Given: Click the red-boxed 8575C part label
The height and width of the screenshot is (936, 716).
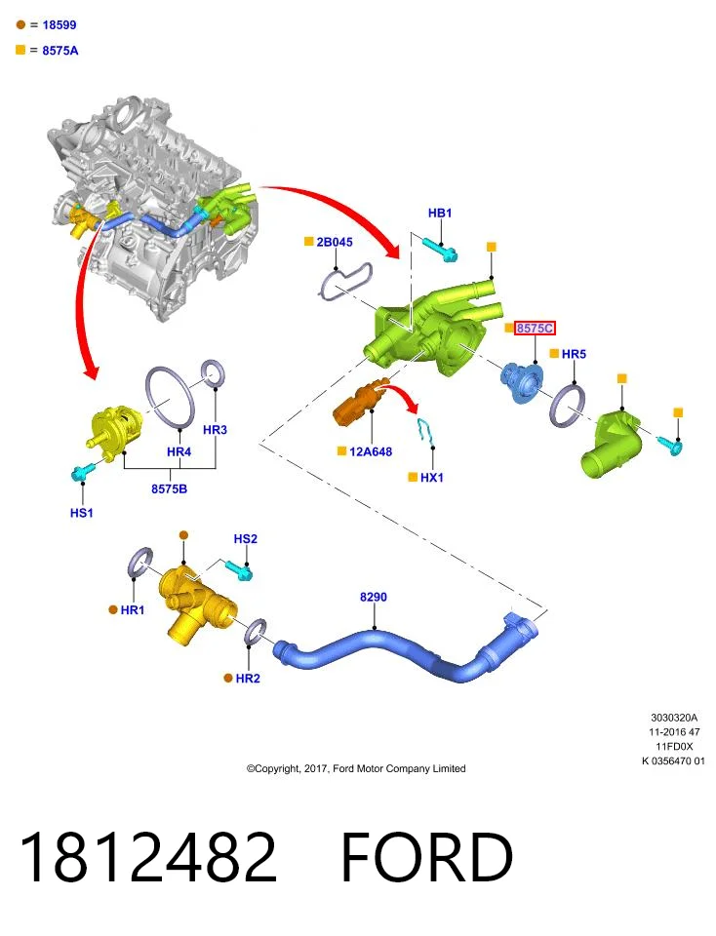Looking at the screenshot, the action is pyautogui.click(x=535, y=328).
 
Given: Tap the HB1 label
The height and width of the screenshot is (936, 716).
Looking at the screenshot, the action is pyautogui.click(x=440, y=214).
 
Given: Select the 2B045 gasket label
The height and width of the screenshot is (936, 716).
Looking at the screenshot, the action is pyautogui.click(x=335, y=242).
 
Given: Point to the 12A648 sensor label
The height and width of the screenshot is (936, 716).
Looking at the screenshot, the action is pyautogui.click(x=371, y=451).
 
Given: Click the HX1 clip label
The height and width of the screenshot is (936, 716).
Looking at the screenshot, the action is pyautogui.click(x=432, y=478).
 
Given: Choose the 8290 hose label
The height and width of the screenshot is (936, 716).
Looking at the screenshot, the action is pyautogui.click(x=374, y=597).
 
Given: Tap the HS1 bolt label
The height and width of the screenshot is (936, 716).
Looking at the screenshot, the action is pyautogui.click(x=82, y=513).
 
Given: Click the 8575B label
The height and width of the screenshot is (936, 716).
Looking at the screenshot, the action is pyautogui.click(x=169, y=488).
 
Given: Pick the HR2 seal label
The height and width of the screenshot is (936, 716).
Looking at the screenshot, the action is pyautogui.click(x=248, y=679).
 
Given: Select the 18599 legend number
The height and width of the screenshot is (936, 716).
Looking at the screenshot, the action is pyautogui.click(x=60, y=25).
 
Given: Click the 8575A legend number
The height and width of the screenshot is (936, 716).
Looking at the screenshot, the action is pyautogui.click(x=60, y=51).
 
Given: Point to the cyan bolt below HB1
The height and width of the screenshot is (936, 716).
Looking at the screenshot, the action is pyautogui.click(x=441, y=251).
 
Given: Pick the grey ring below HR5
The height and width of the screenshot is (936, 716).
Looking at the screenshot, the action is pyautogui.click(x=567, y=406).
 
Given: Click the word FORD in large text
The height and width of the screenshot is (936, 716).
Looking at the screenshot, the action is pyautogui.click(x=427, y=857).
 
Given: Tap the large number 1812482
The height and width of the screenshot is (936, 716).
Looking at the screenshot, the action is pyautogui.click(x=148, y=857).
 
